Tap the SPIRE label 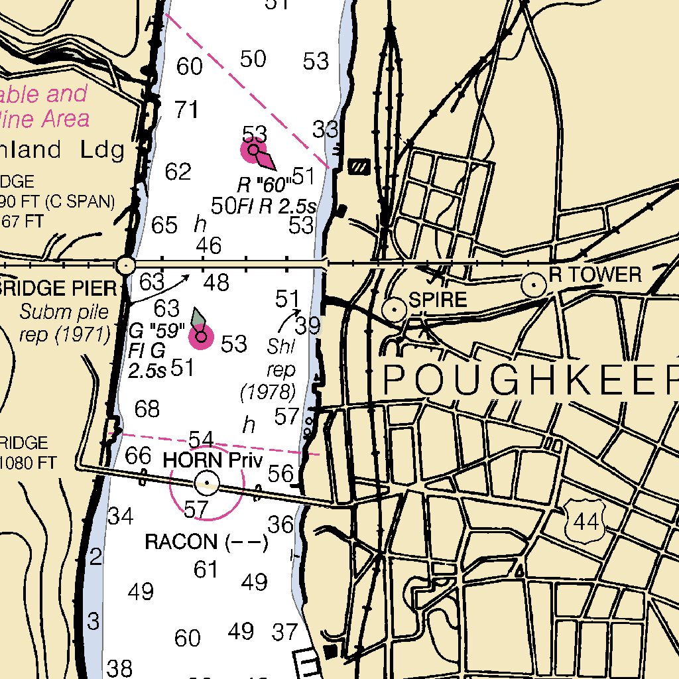click(438, 300)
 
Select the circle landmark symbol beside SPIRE click(395, 309)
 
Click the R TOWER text click(595, 275)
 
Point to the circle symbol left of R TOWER click(533, 286)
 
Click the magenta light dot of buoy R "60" click(253, 151)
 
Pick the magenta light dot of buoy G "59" click(202, 338)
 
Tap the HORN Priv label click(213, 460)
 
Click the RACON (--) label click(206, 542)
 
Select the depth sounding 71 click(186, 109)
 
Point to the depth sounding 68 click(147, 409)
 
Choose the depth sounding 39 click(308, 326)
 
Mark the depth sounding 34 click(121, 515)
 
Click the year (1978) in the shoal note click(267, 393)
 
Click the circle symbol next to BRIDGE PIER click(125, 266)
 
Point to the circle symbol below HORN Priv click(207, 483)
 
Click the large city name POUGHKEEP click(530, 380)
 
